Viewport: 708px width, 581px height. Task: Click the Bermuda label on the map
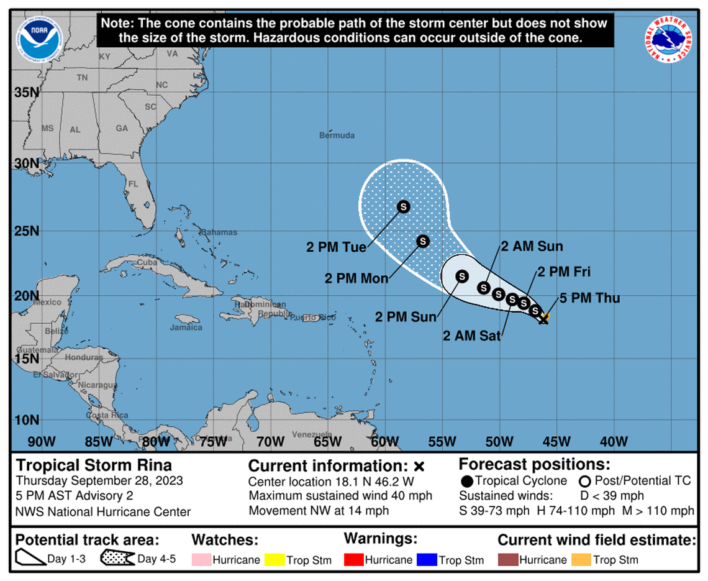(x=337, y=135)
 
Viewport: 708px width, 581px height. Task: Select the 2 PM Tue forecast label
(x=336, y=247)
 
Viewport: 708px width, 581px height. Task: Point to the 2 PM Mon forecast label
(x=356, y=278)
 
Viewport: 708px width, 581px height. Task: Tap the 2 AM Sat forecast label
(x=471, y=336)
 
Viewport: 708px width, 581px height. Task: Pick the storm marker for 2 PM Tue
(x=403, y=206)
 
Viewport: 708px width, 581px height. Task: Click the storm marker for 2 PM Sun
(x=461, y=276)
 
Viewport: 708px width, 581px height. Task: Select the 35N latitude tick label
(x=27, y=93)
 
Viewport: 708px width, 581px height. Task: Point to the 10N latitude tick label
(x=27, y=419)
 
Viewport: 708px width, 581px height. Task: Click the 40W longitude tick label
(x=614, y=441)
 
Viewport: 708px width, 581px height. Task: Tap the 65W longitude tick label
(x=327, y=441)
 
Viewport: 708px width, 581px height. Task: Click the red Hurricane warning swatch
(x=354, y=559)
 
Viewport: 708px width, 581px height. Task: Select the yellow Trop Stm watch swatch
(x=275, y=559)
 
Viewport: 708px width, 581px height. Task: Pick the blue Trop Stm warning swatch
(x=427, y=559)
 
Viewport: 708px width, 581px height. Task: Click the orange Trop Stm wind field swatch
(x=581, y=559)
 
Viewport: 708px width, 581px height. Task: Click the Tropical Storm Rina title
(x=94, y=465)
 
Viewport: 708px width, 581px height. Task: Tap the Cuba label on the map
(x=147, y=262)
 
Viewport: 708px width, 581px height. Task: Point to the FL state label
(x=133, y=185)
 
